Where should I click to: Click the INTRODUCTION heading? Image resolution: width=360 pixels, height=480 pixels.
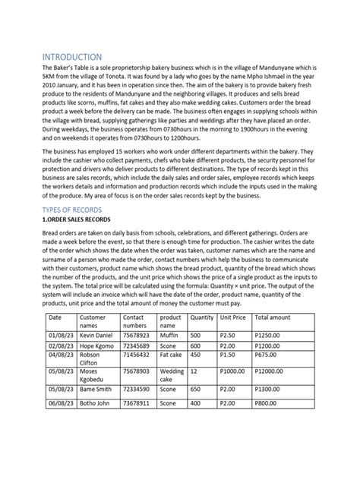[71, 57]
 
